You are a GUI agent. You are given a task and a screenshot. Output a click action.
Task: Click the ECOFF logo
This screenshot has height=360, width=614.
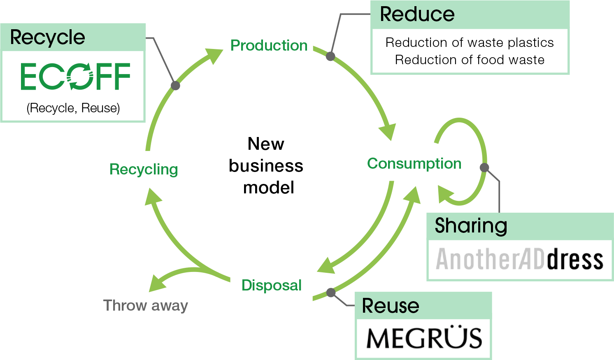point(75,77)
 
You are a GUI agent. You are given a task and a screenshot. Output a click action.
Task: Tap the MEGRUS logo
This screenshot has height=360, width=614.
point(424,338)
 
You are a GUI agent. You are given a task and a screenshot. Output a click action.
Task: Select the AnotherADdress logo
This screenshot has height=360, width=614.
point(520,259)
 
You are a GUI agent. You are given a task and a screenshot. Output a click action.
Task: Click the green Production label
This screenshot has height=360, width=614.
point(269,45)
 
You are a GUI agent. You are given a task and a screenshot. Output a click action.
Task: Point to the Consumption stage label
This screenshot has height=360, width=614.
point(414,163)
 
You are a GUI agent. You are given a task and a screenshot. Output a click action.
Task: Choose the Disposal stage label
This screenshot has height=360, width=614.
point(271,285)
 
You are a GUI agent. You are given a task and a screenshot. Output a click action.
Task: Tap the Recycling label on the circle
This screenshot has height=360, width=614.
point(144,169)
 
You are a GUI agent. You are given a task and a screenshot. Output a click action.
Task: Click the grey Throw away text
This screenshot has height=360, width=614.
point(145,305)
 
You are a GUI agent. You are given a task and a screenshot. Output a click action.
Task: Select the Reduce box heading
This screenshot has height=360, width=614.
point(417,14)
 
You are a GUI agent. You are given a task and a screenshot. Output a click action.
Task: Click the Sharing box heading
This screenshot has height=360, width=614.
point(471,225)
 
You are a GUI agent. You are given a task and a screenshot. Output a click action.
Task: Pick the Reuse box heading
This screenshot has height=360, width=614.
point(390,305)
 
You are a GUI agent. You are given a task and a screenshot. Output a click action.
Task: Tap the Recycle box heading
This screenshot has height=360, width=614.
point(47,37)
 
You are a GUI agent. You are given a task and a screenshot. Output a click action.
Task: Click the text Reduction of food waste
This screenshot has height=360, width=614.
point(470,60)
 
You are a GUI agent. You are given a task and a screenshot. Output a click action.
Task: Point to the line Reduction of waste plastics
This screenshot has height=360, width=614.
point(470,42)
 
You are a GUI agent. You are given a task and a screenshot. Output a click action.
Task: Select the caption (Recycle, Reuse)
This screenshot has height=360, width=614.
point(73,108)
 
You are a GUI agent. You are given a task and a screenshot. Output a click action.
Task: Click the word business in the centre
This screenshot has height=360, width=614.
point(266,166)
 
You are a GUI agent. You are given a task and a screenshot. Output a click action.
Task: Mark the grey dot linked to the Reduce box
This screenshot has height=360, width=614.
point(330,56)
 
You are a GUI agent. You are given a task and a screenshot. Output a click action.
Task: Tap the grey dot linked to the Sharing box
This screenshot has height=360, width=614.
point(484,167)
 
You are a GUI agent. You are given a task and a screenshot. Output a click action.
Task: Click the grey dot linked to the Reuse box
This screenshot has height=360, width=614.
point(331,293)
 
